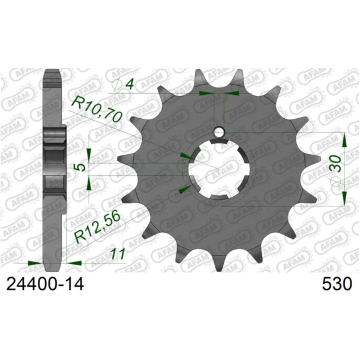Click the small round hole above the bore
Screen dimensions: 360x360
(220, 131)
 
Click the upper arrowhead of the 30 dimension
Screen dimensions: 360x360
(345, 140)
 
